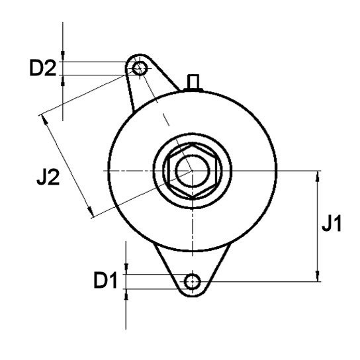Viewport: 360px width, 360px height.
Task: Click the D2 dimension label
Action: (43, 67)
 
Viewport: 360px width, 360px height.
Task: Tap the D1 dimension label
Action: (106, 280)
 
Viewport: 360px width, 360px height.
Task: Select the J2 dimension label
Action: (48, 177)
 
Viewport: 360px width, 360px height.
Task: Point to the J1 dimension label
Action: (332, 223)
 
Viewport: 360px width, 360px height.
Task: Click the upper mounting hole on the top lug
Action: (140, 68)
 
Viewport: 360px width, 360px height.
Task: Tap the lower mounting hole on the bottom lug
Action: (193, 281)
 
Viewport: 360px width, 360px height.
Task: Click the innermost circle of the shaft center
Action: (193, 171)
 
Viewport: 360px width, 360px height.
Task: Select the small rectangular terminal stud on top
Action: (193, 82)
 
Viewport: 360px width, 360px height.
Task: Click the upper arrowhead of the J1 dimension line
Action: (318, 176)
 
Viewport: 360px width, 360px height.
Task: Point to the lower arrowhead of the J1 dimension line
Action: (318, 276)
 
